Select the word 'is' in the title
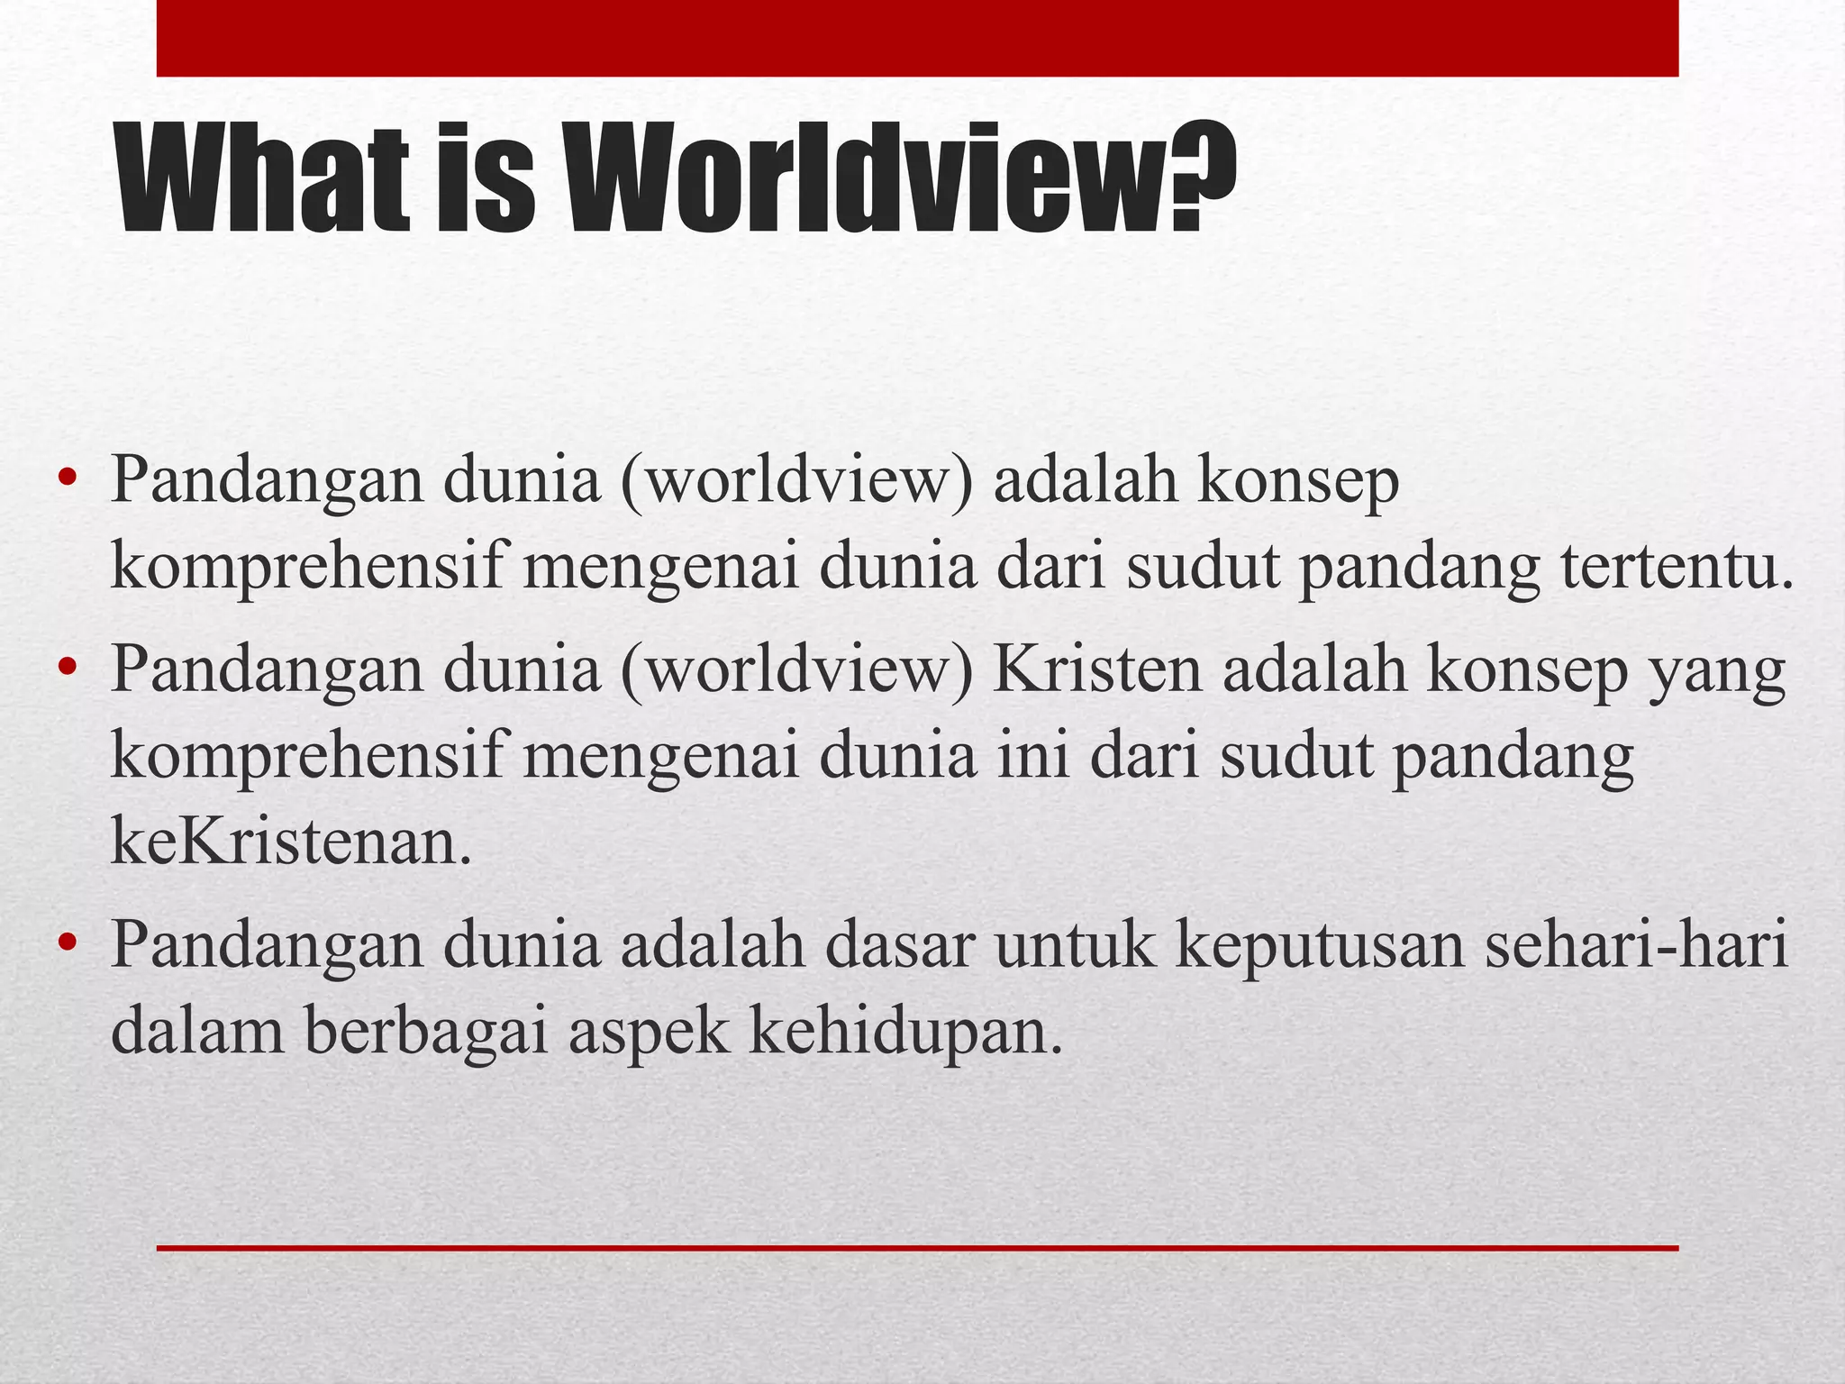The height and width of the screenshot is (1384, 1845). coord(485,180)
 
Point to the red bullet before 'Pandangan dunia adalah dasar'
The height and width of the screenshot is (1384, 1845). coord(66,943)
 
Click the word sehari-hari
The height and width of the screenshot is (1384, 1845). coord(1635,945)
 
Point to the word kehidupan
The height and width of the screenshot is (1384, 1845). coord(901,1032)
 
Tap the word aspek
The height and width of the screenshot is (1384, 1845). coord(648,1032)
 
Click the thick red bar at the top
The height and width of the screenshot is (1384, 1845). coord(917,38)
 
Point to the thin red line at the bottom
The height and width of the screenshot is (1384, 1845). coord(917,1248)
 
